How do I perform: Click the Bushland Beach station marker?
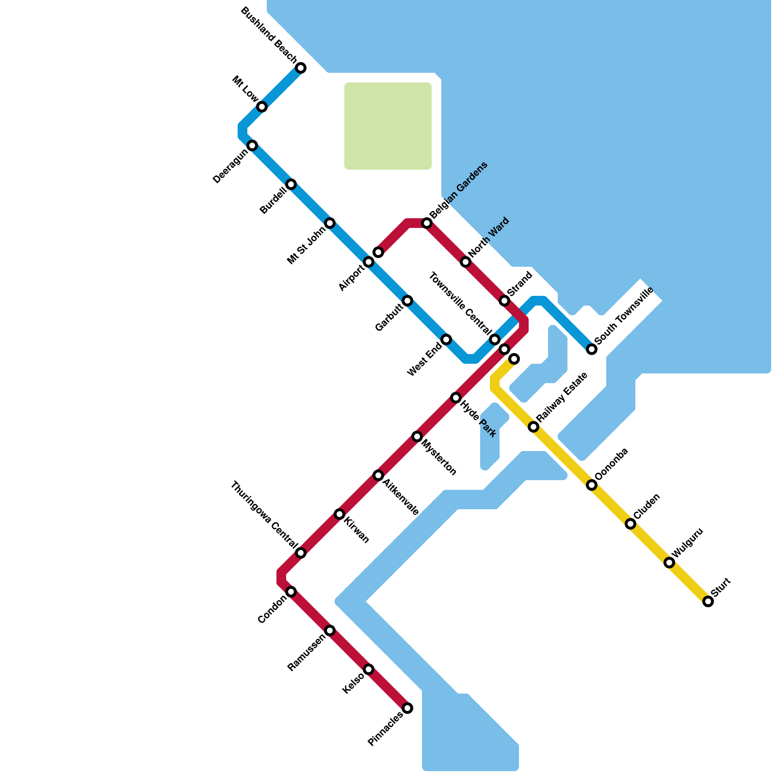[301, 68]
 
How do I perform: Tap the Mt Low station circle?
[262, 107]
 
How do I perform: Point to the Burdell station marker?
[291, 184]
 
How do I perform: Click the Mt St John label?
[307, 244]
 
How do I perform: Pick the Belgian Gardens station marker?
[427, 223]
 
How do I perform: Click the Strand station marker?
[504, 301]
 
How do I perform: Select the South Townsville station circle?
[592, 349]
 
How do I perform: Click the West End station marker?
[446, 339]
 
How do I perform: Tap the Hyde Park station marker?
[456, 398]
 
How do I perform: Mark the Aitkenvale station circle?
[378, 475]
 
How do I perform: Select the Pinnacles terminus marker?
[407, 708]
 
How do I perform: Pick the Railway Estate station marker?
[533, 427]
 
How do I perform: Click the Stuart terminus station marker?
[708, 601]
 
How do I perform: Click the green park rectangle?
[388, 126]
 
